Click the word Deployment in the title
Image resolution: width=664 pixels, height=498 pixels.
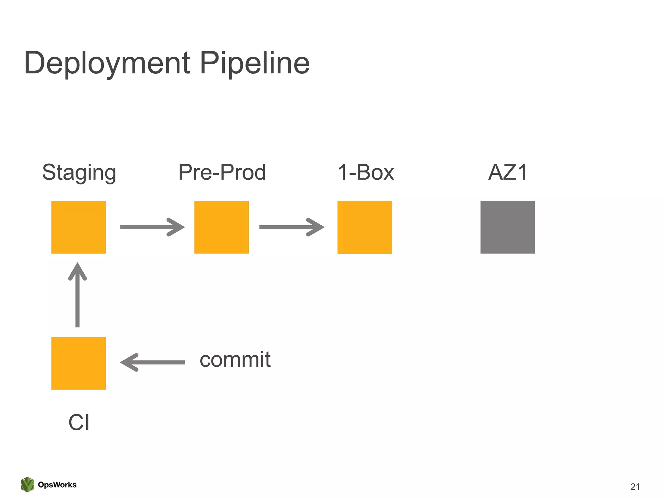(x=107, y=63)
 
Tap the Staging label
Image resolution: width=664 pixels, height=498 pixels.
(x=79, y=172)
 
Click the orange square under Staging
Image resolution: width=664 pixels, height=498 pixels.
(x=78, y=227)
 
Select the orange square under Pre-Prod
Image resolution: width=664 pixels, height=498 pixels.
(x=221, y=227)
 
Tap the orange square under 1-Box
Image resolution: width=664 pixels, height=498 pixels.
(x=364, y=227)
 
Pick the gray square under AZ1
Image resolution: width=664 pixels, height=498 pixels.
(x=507, y=227)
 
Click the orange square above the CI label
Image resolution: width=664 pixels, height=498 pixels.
(x=78, y=363)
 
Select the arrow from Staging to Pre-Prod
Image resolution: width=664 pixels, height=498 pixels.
(x=152, y=227)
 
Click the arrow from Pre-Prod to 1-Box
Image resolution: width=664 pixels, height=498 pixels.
(x=291, y=227)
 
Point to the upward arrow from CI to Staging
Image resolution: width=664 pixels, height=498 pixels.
(x=77, y=295)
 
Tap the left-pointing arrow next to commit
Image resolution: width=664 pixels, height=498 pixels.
(x=152, y=362)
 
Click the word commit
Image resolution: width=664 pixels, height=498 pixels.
(x=235, y=360)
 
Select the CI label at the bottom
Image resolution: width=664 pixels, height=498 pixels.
(x=79, y=422)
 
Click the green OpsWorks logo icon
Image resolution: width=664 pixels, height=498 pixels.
(x=28, y=484)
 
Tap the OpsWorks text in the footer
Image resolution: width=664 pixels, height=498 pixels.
(x=57, y=485)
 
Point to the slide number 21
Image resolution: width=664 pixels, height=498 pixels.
(x=635, y=487)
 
